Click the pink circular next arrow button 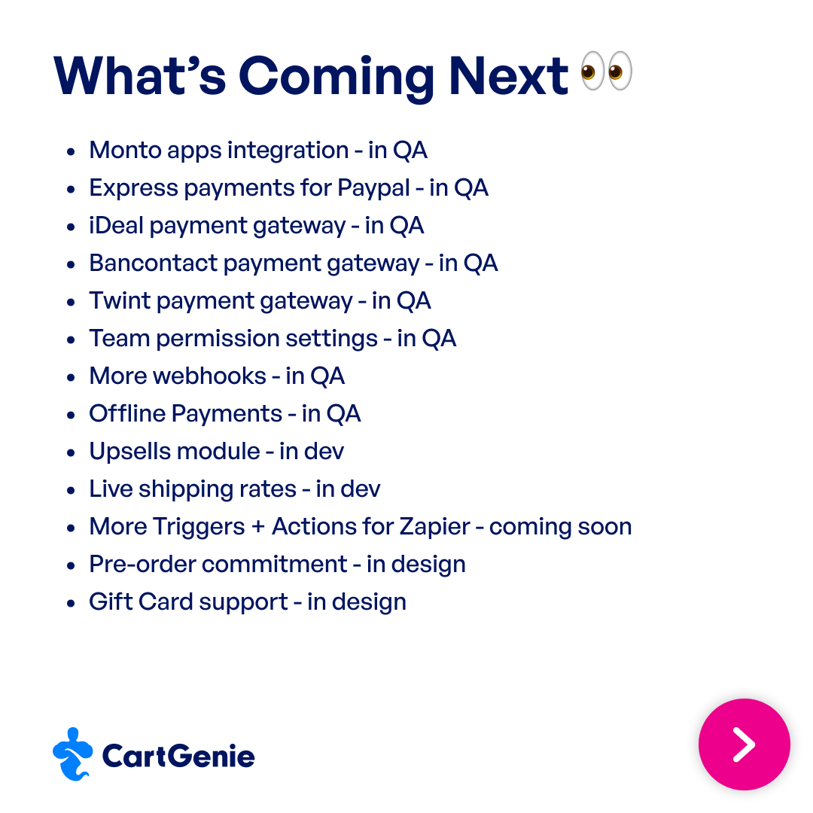point(744,744)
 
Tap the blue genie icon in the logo point(72,754)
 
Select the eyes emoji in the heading point(607,72)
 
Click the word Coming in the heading point(336,77)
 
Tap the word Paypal point(373,188)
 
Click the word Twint point(117,301)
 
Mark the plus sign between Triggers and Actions point(258,528)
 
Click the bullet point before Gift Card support point(71,603)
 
